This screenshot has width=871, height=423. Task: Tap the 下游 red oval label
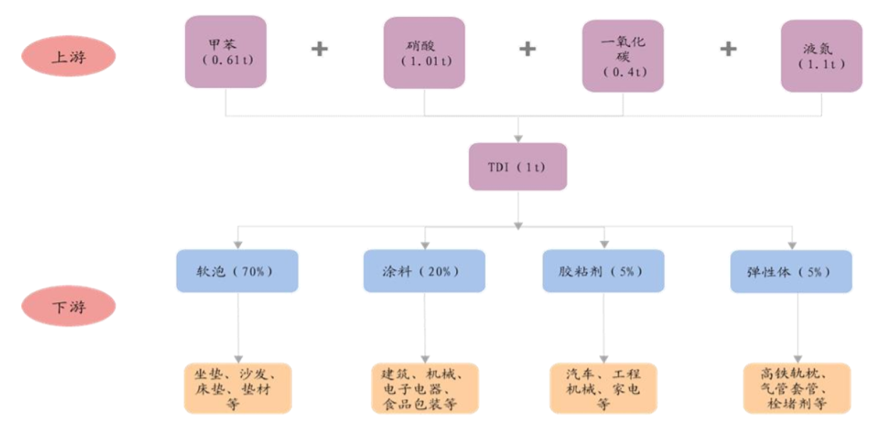tap(69, 308)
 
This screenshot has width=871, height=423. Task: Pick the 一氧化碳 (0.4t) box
tap(623, 56)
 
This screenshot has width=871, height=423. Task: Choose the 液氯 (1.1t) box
tap(821, 56)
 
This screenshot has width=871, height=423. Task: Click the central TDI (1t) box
tap(517, 166)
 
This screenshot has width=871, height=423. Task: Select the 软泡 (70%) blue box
tap(237, 271)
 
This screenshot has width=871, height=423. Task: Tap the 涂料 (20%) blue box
tap(424, 271)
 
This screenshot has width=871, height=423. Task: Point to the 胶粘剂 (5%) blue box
tap(603, 271)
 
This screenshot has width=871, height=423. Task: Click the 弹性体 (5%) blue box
tap(791, 271)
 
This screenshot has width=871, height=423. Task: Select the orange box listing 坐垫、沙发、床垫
tap(237, 388)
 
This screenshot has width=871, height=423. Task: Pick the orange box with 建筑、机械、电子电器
tap(425, 388)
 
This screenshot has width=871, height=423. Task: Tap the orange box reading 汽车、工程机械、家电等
tap(603, 388)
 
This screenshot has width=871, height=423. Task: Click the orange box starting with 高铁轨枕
tap(796, 388)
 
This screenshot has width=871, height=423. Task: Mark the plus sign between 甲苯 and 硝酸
tap(320, 50)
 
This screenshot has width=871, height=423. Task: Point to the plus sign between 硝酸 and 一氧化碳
tap(527, 50)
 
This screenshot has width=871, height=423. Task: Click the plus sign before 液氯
tap(727, 50)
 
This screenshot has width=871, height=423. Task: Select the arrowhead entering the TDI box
tap(518, 138)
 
